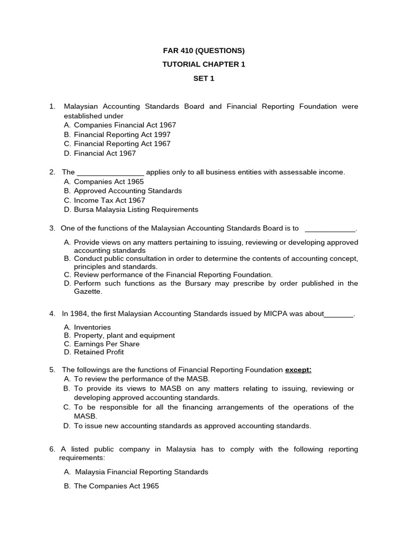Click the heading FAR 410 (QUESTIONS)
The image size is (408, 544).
tap(203, 51)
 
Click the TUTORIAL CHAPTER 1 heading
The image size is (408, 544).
tap(203, 64)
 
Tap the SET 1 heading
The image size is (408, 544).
tap(203, 78)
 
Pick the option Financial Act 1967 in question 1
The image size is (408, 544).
tap(105, 154)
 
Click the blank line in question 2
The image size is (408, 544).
tap(110, 173)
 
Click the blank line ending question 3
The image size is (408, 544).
tap(330, 229)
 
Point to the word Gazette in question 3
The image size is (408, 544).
tap(88, 292)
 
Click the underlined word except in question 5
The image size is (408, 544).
tap(298, 370)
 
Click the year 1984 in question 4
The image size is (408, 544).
tap(78, 313)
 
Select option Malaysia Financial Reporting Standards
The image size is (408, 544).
tap(141, 472)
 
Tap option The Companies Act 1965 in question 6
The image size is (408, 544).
tap(116, 486)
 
